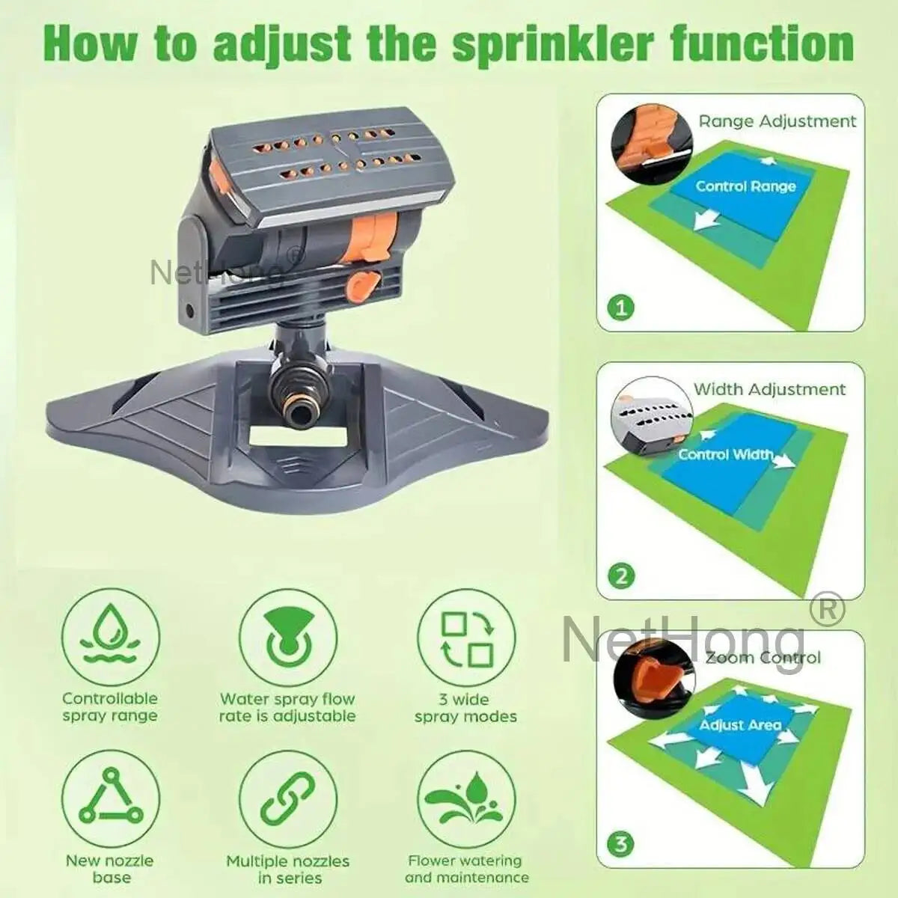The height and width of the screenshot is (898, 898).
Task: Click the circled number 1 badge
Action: pyautogui.click(x=620, y=306)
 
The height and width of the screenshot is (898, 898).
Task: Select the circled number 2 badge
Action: pyautogui.click(x=620, y=575)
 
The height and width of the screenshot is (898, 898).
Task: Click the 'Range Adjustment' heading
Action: pyautogui.click(x=777, y=120)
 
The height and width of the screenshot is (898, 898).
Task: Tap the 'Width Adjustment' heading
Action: pyautogui.click(x=769, y=389)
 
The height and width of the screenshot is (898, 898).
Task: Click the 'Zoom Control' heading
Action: pyautogui.click(x=763, y=657)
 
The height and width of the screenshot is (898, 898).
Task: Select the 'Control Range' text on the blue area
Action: pyautogui.click(x=745, y=186)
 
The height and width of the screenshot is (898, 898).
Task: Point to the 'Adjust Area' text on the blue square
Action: pyautogui.click(x=740, y=724)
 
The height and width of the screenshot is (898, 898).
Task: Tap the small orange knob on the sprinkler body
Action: pyautogui.click(x=363, y=284)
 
